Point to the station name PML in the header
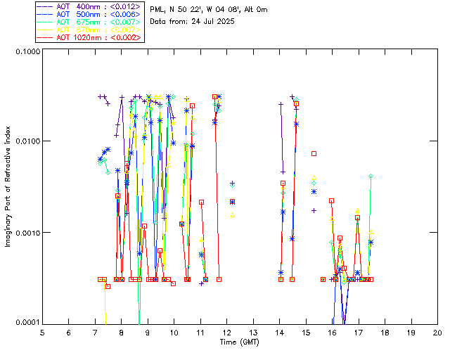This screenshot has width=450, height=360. point(159,9)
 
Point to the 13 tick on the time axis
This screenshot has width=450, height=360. point(253,332)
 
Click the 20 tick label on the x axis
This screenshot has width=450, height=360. point(437,332)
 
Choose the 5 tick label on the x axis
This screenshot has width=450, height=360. point(42,332)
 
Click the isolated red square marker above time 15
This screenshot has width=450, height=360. point(314,153)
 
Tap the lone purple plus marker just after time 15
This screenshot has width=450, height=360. point(314,210)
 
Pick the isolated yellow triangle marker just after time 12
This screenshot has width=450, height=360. point(233,215)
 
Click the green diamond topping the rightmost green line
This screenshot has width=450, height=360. point(371,176)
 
